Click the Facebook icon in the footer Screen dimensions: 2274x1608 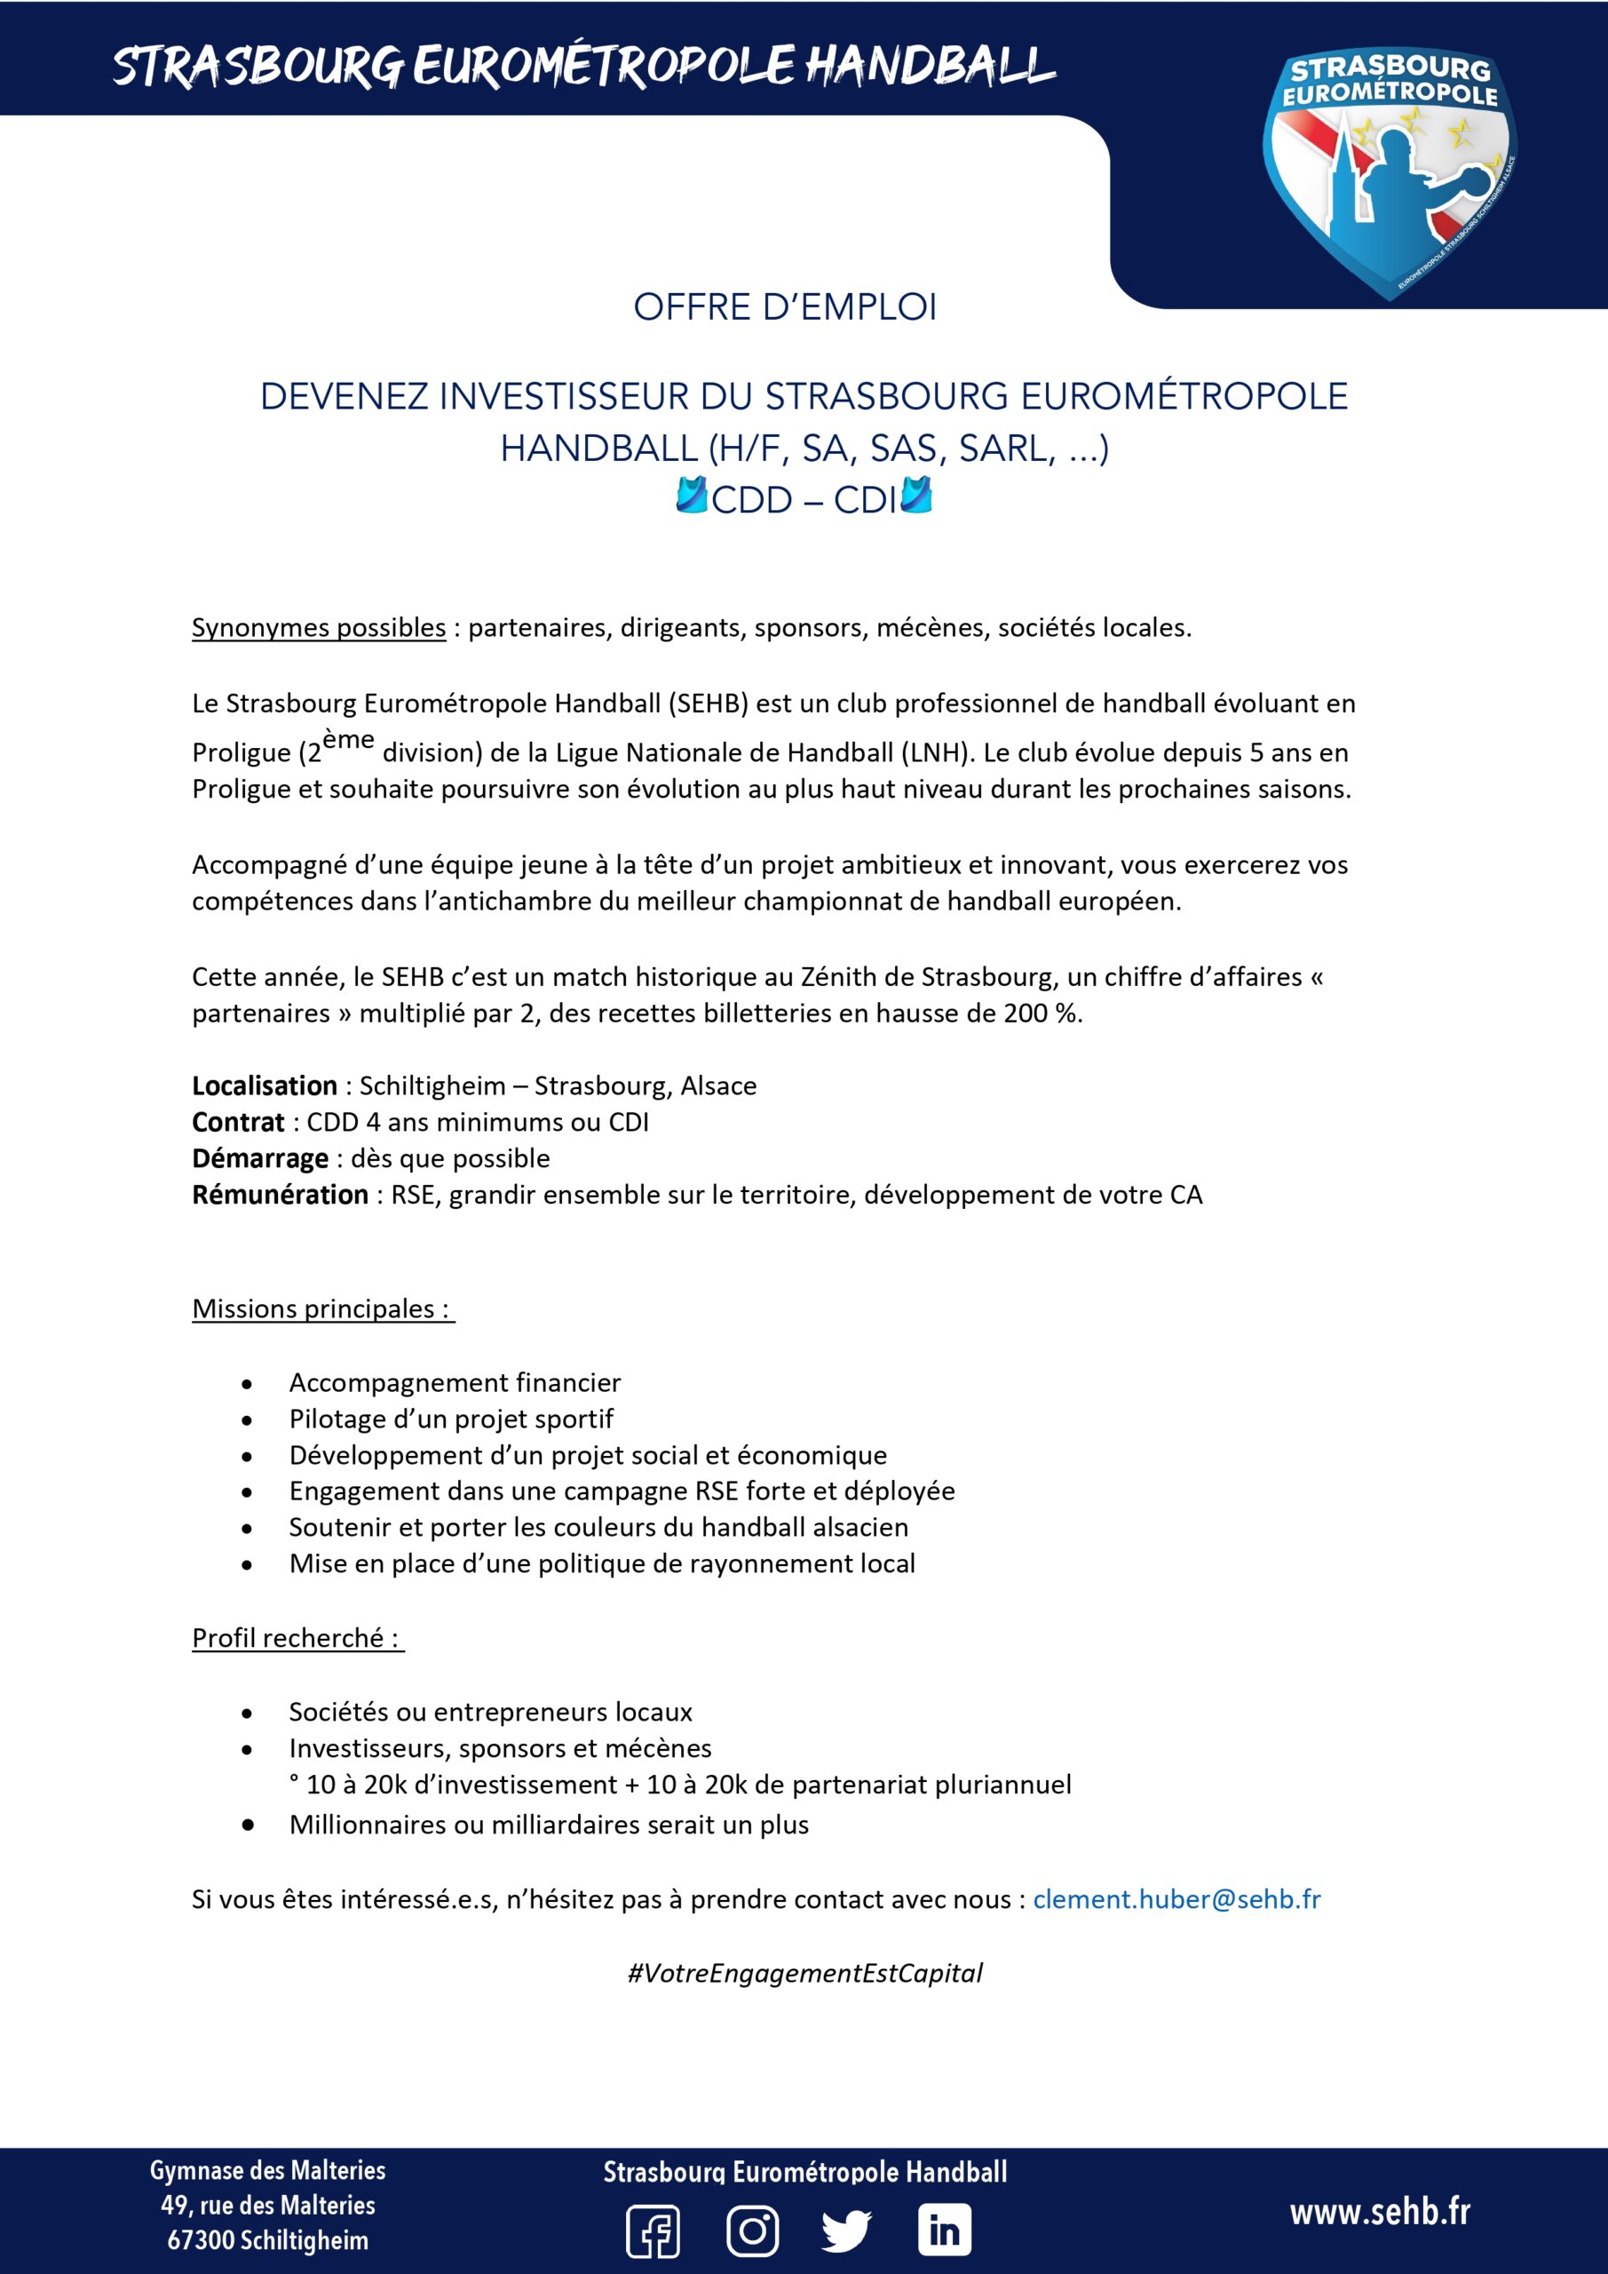coord(653,2231)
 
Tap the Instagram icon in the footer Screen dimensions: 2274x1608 coord(753,2230)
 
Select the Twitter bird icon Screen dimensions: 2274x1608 coord(846,2231)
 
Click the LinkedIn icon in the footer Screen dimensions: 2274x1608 coord(944,2230)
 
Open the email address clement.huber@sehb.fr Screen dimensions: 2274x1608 coord(1176,1898)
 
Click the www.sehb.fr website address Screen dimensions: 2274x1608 coord(1379,2212)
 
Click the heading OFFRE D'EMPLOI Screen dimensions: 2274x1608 coord(784,308)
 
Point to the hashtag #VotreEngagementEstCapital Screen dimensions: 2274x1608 coord(804,1973)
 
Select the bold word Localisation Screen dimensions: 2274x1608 coord(265,1085)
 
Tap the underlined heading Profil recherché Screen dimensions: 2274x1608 coord(294,1637)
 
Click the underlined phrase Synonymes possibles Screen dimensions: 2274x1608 coord(319,627)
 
